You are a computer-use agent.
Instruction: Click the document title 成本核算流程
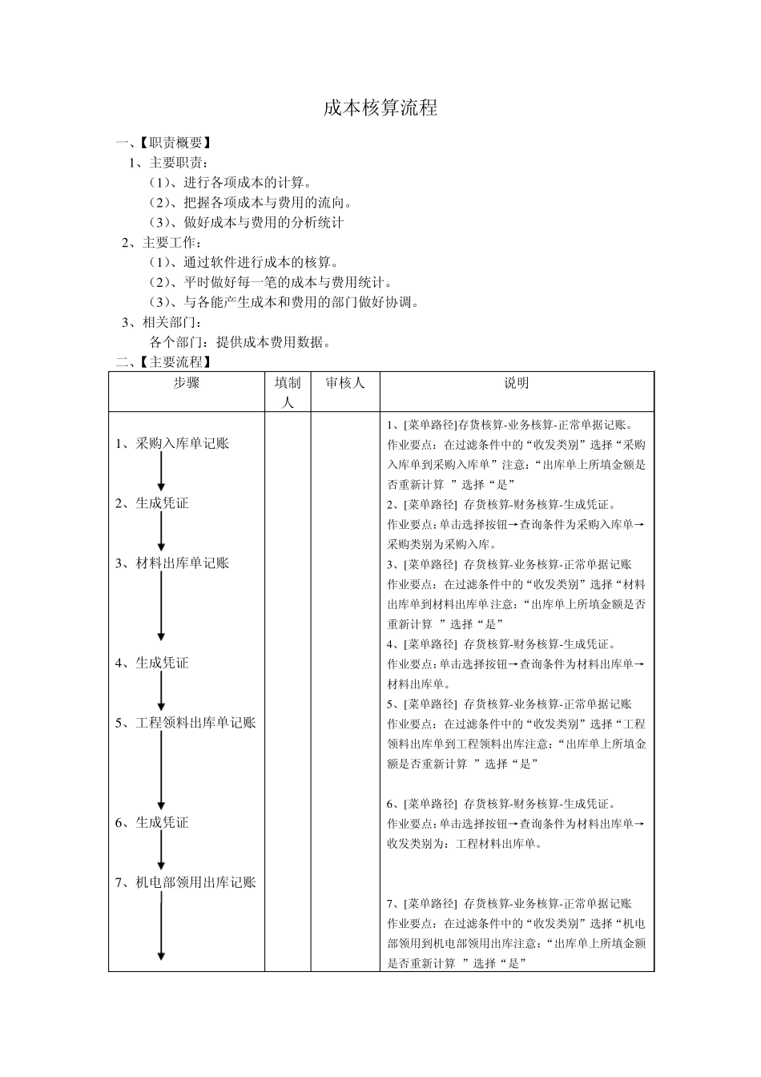380,108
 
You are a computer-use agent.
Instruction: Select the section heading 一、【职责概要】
164,143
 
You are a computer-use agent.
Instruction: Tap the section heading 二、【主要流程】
164,362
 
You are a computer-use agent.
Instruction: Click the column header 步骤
187,383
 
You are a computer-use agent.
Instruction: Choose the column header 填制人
288,392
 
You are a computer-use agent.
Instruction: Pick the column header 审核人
345,383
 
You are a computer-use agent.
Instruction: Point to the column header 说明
517,383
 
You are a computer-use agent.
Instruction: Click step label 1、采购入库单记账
172,443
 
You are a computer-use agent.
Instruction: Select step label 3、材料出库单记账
172,563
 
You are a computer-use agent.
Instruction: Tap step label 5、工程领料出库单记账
186,723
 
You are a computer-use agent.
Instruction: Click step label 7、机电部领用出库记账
186,882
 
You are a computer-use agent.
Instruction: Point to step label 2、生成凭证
152,503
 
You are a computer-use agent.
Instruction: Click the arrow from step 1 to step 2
161,472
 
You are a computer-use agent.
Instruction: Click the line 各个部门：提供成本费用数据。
240,342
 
